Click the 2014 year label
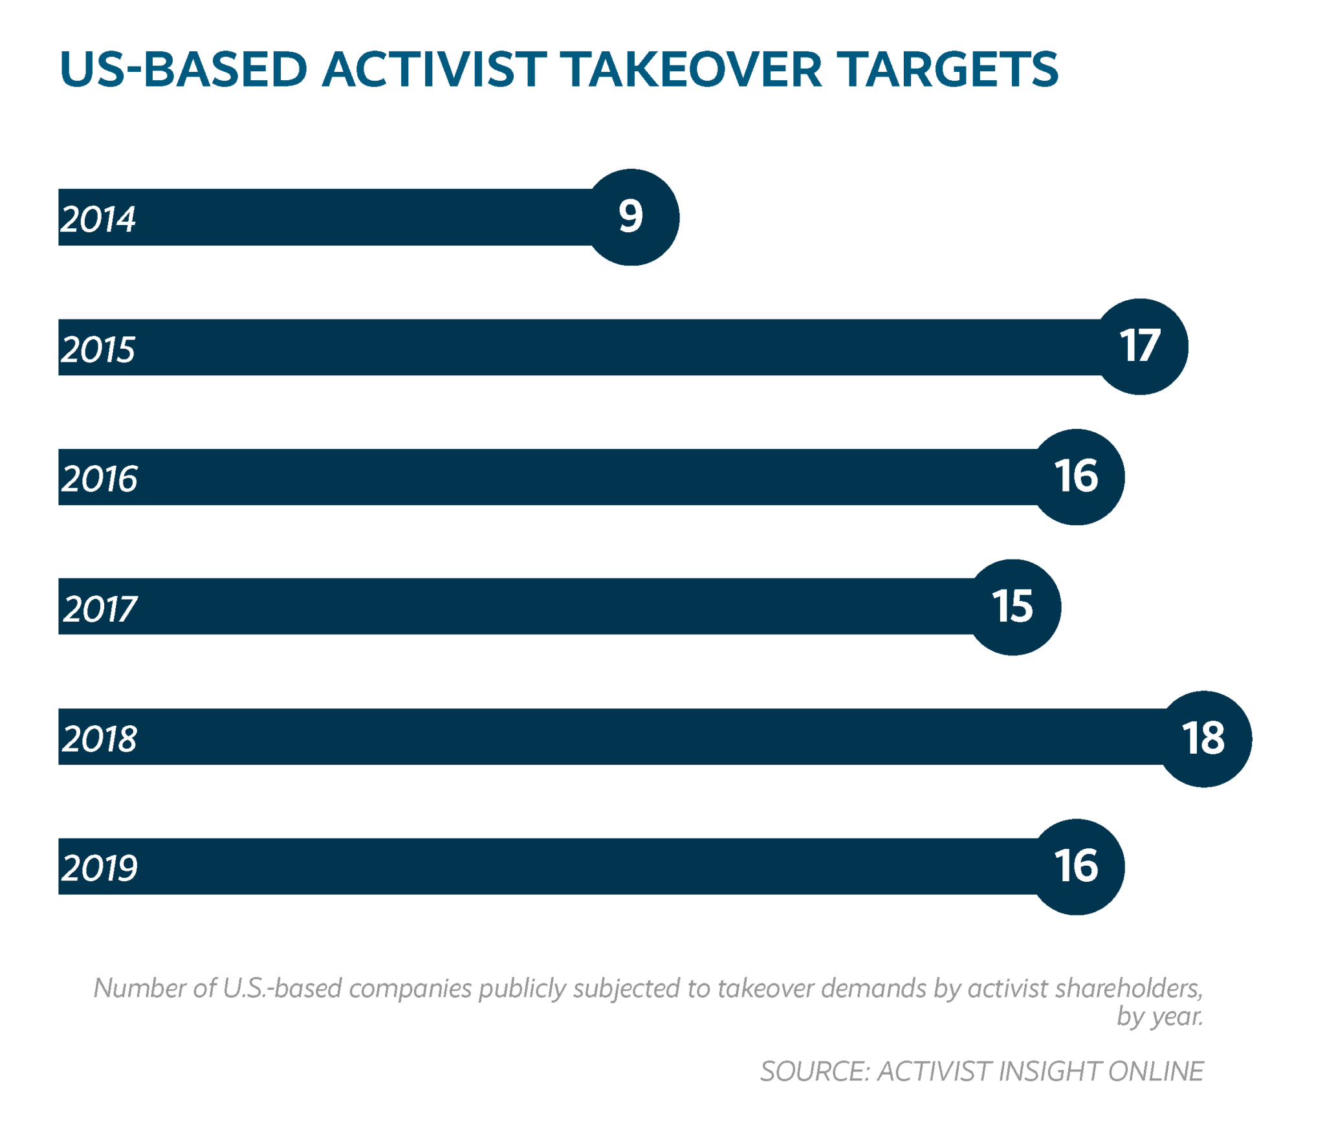98,219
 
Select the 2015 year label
98,349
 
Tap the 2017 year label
100,609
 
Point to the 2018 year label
100,738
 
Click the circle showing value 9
631,217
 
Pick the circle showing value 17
1140,347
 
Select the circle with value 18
1203,738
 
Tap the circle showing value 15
1013,607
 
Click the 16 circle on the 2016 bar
1076,477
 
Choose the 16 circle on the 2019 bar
1076,866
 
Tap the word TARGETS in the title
947,69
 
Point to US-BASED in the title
183,69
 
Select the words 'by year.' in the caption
1159,1017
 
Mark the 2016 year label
100,479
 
